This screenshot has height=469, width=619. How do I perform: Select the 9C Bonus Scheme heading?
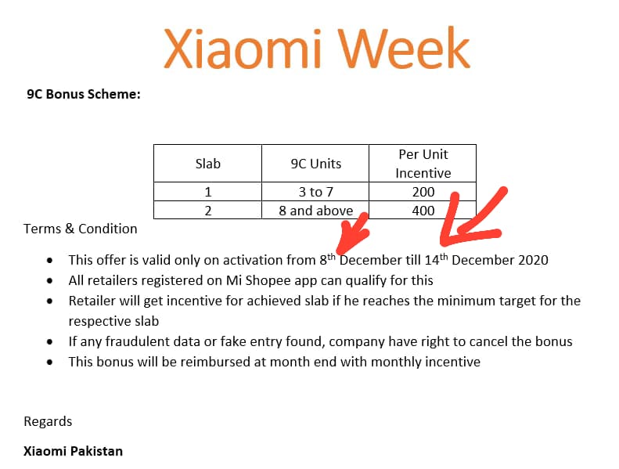pyautogui.click(x=84, y=95)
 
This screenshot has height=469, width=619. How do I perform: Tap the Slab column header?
pyautogui.click(x=207, y=164)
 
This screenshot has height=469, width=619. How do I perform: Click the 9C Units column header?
pyautogui.click(x=315, y=164)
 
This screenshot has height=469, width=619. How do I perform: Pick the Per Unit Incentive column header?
pyautogui.click(x=423, y=164)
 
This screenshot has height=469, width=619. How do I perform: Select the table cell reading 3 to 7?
pyautogui.click(x=315, y=192)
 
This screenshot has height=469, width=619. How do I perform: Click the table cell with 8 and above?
pyautogui.click(x=315, y=211)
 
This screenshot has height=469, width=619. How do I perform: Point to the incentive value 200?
pyautogui.click(x=423, y=192)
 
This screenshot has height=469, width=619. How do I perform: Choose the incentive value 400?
pyautogui.click(x=423, y=211)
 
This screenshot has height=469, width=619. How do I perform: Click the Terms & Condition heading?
pyautogui.click(x=80, y=229)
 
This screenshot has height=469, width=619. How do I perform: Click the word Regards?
pyautogui.click(x=48, y=421)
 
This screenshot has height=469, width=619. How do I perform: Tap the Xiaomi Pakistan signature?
pyautogui.click(x=73, y=451)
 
